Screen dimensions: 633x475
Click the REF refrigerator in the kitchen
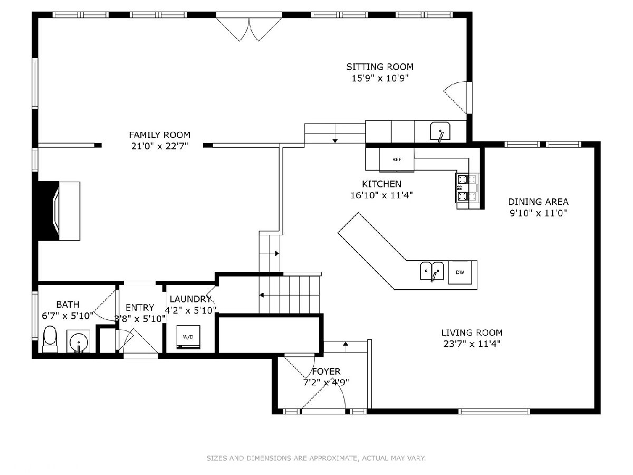click(397, 159)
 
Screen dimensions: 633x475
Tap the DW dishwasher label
click(461, 272)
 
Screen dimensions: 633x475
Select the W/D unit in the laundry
click(188, 337)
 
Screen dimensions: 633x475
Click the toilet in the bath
click(50, 339)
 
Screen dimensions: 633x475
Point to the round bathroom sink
click(78, 341)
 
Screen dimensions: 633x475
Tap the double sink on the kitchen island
click(431, 271)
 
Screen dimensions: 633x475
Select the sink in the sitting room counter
click(440, 131)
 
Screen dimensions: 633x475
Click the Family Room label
click(159, 135)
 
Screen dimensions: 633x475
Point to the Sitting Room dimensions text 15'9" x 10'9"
click(380, 78)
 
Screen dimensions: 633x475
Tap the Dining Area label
click(538, 202)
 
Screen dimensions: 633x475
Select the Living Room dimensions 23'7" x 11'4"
click(472, 344)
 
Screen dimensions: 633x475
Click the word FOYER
click(326, 371)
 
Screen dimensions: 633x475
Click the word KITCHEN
click(381, 184)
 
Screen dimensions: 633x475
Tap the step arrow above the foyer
click(346, 344)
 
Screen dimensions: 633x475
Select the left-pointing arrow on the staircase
click(262, 296)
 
